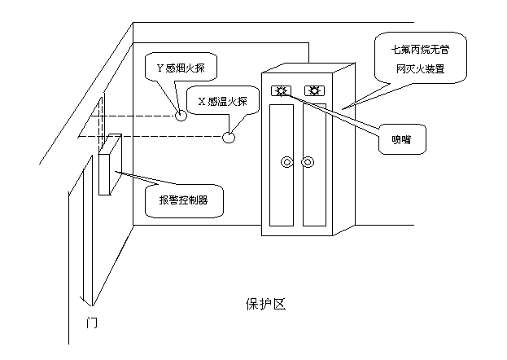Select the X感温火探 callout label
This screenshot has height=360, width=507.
[x=227, y=101]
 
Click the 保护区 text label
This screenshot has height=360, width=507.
[x=265, y=304]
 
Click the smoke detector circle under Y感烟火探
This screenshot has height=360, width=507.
[x=181, y=114]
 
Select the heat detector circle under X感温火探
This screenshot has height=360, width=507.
[x=230, y=136]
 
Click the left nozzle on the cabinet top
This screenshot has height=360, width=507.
[x=281, y=90]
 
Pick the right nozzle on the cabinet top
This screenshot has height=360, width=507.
[x=313, y=90]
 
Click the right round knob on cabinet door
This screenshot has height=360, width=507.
[x=307, y=163]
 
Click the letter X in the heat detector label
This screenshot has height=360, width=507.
[x=202, y=101]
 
